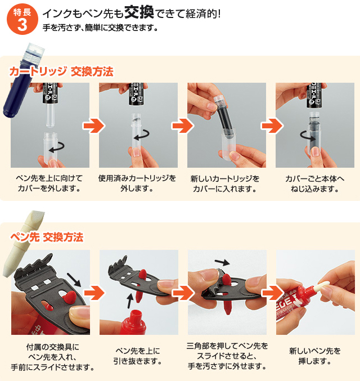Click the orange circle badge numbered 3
tap(22, 19)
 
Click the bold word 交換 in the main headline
tap(139, 12)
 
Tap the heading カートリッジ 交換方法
tap(61, 71)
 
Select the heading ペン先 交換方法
tap(47, 237)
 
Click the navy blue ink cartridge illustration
tap(22, 80)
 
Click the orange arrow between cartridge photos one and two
tap(94, 125)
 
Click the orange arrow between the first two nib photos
tap(94, 293)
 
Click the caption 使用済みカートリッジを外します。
tap(137, 183)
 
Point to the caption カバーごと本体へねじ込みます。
tap(315, 183)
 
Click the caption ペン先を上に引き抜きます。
tap(138, 356)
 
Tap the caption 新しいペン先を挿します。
tap(315, 356)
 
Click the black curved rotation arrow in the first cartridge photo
tap(57, 147)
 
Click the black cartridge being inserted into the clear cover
tap(223, 116)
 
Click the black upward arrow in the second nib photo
tap(130, 301)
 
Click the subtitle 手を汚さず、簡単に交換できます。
tap(100, 28)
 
